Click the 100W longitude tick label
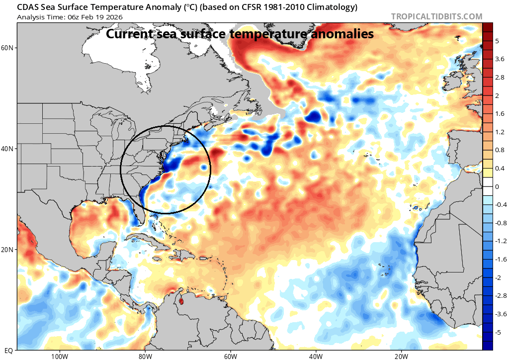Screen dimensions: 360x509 (x=59, y=356)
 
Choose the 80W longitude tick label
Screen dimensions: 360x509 (x=145, y=356)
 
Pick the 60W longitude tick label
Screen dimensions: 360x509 (x=230, y=356)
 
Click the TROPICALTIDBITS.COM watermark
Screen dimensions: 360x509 (x=436, y=16)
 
